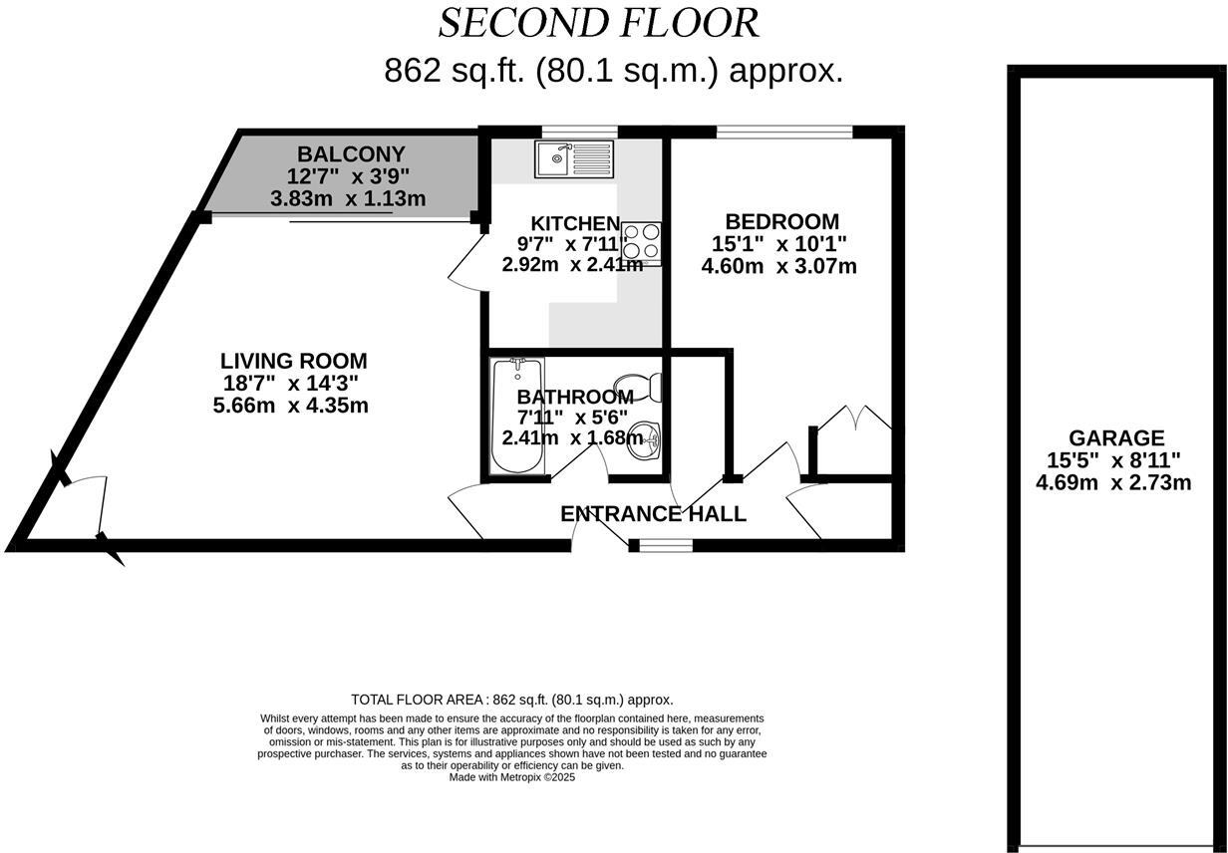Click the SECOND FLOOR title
[598, 23]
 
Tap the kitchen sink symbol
[575, 158]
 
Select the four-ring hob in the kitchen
[641, 240]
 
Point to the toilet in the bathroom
[638, 385]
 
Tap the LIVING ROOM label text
[293, 361]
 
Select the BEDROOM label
[781, 221]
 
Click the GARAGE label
[1115, 437]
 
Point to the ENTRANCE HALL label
[653, 514]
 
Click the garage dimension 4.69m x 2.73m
[1114, 483]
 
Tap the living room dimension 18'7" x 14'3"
[291, 384]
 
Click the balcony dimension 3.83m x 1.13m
[348, 199]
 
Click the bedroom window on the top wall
[783, 131]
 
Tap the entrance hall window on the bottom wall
[666, 545]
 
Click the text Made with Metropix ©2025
[512, 777]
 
